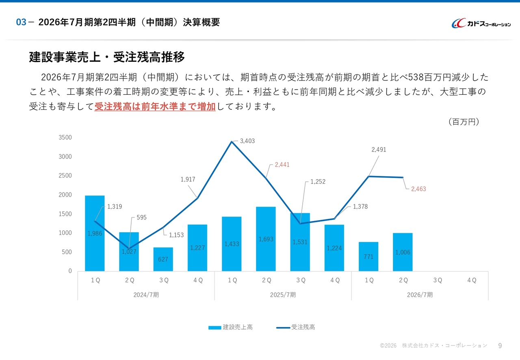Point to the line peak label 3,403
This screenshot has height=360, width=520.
tap(247, 141)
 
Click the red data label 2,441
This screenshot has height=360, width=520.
tap(282, 165)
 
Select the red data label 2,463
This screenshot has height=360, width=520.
tap(418, 189)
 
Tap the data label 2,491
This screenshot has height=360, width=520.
tap(379, 150)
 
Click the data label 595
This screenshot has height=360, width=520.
tap(141, 217)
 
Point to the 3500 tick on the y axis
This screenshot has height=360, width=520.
tap(65, 138)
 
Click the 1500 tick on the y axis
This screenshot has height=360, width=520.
tap(65, 214)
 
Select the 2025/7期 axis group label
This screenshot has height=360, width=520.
tap(283, 295)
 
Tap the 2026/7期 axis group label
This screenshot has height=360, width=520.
tap(420, 295)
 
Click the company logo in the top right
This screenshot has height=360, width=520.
tap(481, 24)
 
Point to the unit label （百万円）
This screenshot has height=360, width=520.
tap(463, 122)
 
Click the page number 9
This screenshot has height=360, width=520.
tap(500, 346)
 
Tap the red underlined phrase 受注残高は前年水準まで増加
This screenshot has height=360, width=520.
tap(155, 107)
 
